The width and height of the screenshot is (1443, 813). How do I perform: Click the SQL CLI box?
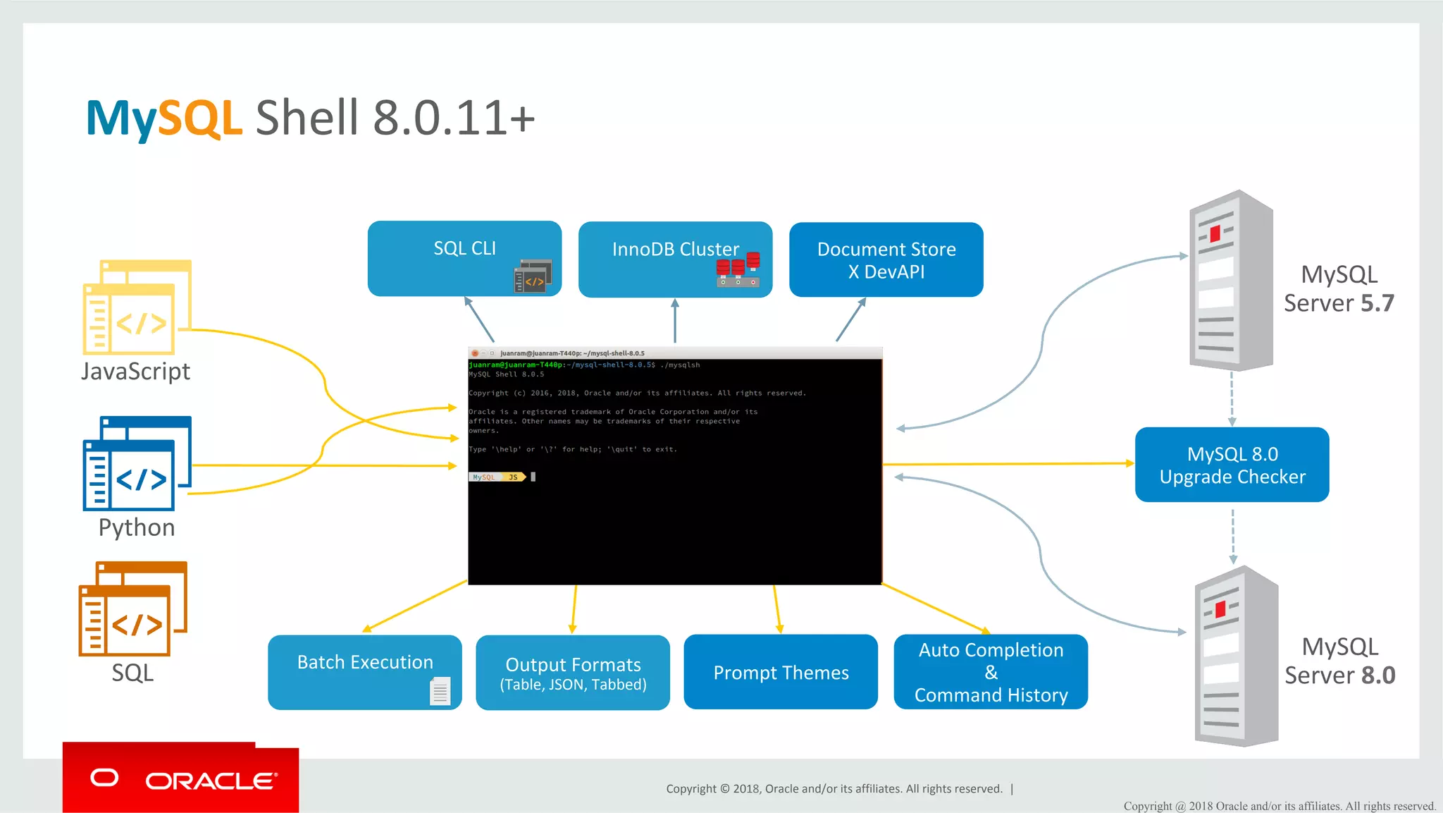[464, 258]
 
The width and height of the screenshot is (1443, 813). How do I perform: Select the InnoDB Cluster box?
[674, 259]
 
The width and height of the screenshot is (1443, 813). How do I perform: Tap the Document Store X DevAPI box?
[886, 259]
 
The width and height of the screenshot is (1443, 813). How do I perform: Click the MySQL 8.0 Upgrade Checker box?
[1232, 465]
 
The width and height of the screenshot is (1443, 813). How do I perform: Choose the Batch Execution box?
[364, 671]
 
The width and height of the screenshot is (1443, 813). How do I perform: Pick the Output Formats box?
[572, 672]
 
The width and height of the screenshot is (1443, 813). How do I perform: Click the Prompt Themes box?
[780, 672]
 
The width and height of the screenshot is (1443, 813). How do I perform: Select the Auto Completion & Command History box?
[990, 672]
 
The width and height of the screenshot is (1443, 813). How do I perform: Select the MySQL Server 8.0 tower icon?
[1236, 656]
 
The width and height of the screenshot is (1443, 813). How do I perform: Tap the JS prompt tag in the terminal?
[514, 477]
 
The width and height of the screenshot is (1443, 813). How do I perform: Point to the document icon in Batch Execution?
[440, 690]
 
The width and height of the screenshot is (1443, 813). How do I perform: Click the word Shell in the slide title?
[307, 118]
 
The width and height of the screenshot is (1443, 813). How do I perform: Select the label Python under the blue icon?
[137, 527]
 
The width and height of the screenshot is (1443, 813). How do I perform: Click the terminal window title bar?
[674, 353]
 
